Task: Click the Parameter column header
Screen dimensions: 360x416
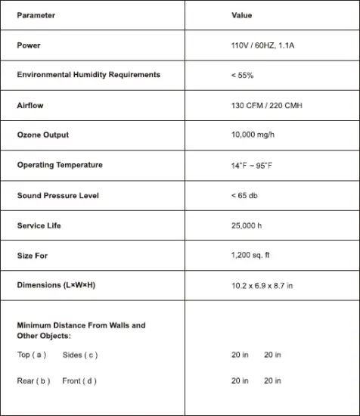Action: coord(36,15)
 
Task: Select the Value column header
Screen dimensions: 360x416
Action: coord(242,15)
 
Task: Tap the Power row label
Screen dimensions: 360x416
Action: coord(29,45)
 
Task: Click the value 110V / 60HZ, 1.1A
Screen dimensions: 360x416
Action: coord(262,45)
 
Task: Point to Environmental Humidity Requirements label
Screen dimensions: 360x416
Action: coord(88,75)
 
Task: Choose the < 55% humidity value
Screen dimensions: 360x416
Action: coord(242,76)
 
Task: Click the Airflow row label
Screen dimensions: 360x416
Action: coord(30,105)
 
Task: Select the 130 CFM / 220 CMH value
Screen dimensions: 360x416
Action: coord(266,105)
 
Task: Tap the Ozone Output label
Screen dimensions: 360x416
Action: coord(42,135)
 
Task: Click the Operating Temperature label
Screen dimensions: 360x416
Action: coord(60,165)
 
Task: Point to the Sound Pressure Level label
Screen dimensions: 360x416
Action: coord(57,196)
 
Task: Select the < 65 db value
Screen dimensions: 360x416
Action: coord(244,196)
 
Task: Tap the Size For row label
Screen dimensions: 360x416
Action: coord(33,256)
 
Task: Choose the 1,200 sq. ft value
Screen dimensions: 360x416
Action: coord(250,256)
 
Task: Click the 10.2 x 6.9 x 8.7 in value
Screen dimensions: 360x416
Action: coord(262,285)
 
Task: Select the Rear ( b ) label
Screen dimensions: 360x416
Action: coord(33,380)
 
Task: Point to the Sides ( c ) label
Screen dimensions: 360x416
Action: coord(80,355)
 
